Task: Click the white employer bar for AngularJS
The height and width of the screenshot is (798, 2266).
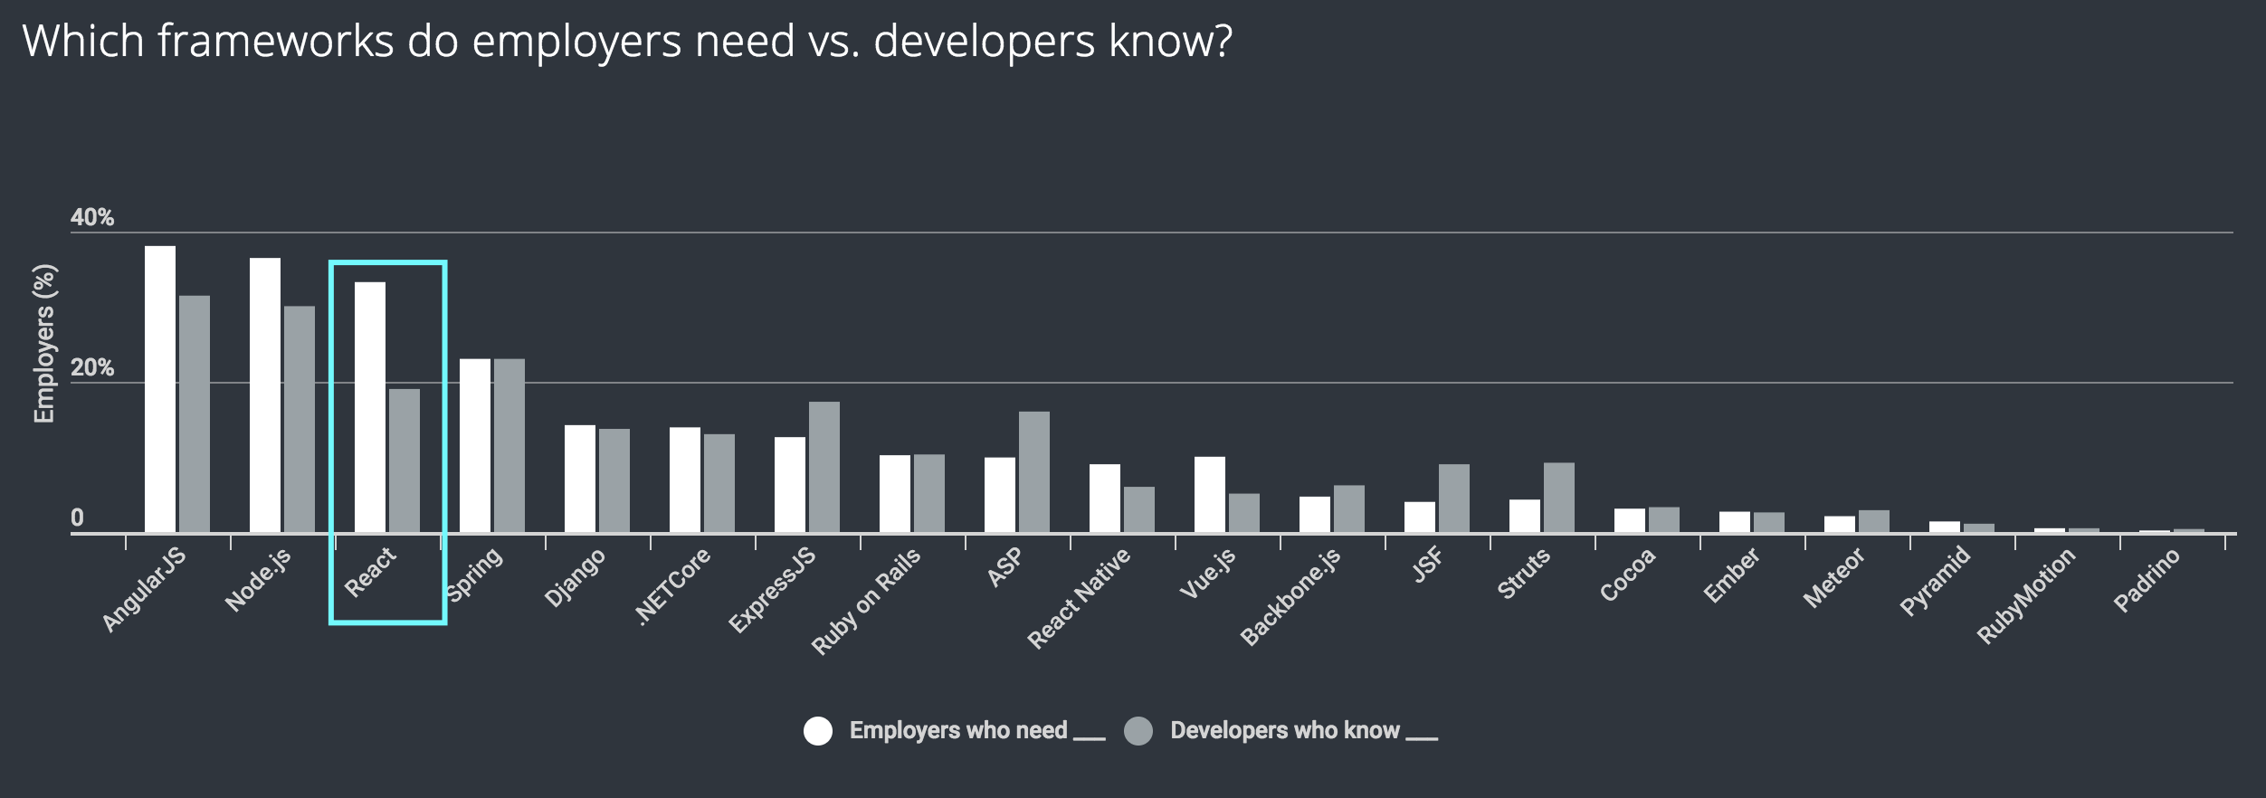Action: pos(160,389)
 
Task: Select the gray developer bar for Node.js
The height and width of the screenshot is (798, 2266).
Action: pos(300,419)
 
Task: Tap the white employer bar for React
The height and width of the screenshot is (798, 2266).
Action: pos(370,407)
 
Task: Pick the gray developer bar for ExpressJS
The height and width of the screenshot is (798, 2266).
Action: pos(824,467)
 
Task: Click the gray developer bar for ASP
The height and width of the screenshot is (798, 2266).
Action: pos(1034,471)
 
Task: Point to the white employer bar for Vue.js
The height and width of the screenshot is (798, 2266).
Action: pos(1210,494)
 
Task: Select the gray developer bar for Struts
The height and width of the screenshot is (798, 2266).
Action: pos(1559,497)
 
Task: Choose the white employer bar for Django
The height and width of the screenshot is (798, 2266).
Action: pos(580,479)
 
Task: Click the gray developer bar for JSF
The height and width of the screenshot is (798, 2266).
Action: pos(1454,498)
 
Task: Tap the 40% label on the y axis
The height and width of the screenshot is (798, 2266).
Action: pos(92,217)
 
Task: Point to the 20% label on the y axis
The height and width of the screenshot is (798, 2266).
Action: pos(92,367)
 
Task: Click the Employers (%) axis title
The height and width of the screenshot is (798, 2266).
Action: pos(44,344)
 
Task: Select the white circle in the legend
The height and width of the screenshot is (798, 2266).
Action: pos(818,731)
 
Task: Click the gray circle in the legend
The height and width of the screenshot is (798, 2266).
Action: pos(1138,731)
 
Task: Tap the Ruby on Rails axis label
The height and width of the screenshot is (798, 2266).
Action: pos(866,601)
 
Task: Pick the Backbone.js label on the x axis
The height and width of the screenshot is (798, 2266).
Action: pos(1290,597)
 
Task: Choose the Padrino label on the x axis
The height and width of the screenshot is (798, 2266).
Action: pos(2147,581)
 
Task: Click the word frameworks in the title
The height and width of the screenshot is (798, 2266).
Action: pos(276,42)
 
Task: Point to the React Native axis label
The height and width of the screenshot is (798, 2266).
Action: pos(1079,599)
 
